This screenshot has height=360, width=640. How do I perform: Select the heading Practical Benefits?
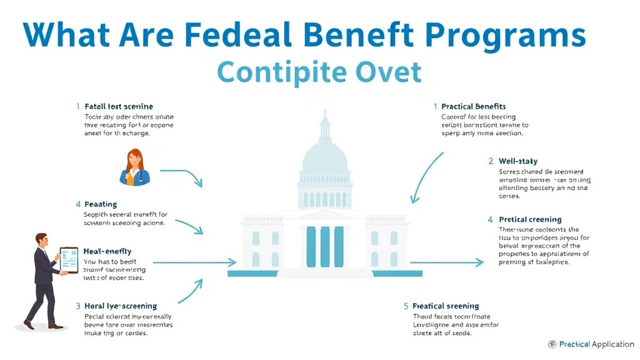pos(473,107)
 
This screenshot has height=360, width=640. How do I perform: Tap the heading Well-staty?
pos(518,161)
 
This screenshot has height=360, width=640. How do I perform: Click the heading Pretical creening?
pos(530,220)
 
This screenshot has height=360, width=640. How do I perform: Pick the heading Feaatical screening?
pos(446,306)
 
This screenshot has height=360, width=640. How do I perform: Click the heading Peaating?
pos(100,204)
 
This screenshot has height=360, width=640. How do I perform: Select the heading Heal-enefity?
pos(107,251)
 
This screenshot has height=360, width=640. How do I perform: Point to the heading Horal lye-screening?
pos(120,306)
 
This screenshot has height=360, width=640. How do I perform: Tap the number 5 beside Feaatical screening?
pos(406,306)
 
